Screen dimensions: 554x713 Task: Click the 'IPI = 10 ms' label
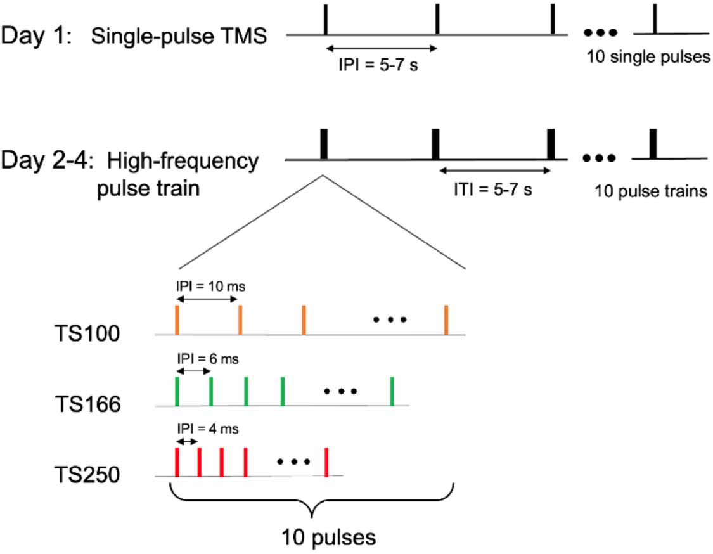(210, 286)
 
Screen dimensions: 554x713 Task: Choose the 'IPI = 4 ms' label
(207, 429)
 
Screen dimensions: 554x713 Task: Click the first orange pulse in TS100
(177, 320)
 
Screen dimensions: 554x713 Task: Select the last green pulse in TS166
(393, 390)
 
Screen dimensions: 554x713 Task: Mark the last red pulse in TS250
(326, 461)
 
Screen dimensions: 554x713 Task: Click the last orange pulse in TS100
(447, 320)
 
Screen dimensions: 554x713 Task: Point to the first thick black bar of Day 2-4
(324, 145)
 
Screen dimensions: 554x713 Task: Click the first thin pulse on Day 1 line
(325, 20)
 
